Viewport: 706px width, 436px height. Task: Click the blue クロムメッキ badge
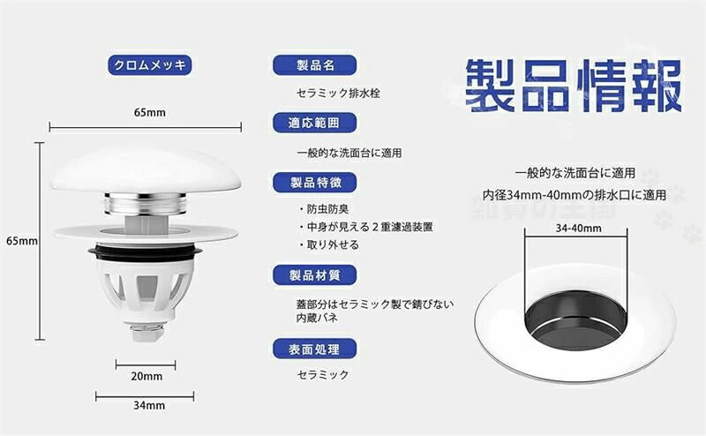click(x=149, y=65)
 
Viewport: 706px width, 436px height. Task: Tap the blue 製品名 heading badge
click(x=315, y=65)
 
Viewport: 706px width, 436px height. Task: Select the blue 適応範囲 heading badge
click(x=315, y=123)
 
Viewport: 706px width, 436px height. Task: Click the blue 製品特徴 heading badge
click(x=315, y=183)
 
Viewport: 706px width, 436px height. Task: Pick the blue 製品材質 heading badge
click(x=315, y=275)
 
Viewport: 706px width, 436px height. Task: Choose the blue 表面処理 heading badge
click(x=315, y=350)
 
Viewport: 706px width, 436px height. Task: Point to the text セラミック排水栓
click(x=338, y=94)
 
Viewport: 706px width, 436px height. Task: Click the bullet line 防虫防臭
click(x=324, y=209)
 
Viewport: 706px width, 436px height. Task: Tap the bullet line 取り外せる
click(x=329, y=244)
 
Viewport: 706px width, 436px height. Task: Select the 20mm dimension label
click(x=146, y=376)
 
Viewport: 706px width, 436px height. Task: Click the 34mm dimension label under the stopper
click(x=149, y=405)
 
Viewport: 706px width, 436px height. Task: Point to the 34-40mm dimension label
click(x=579, y=228)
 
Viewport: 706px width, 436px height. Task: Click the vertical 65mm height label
click(x=21, y=241)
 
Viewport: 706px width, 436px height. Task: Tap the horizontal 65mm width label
click(x=149, y=113)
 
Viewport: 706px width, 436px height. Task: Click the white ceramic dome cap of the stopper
click(x=146, y=171)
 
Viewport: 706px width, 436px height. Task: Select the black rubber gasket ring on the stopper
click(x=146, y=253)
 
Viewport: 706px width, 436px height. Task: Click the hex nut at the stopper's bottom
click(x=146, y=333)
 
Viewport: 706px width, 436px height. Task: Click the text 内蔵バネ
click(x=317, y=318)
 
